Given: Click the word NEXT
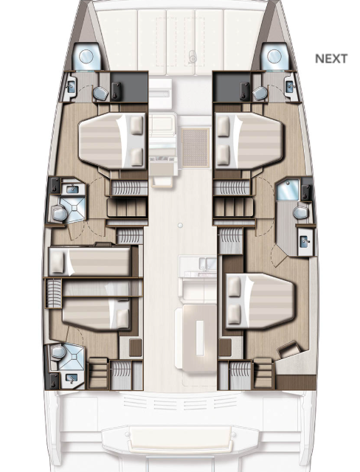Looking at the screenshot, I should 330,58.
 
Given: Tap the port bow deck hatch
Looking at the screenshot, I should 86,55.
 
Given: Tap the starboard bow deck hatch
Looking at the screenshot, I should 273,55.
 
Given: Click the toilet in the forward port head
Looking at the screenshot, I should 99,94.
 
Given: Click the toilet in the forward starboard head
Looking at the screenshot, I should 260,94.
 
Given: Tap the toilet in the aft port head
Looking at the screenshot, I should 58,356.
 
